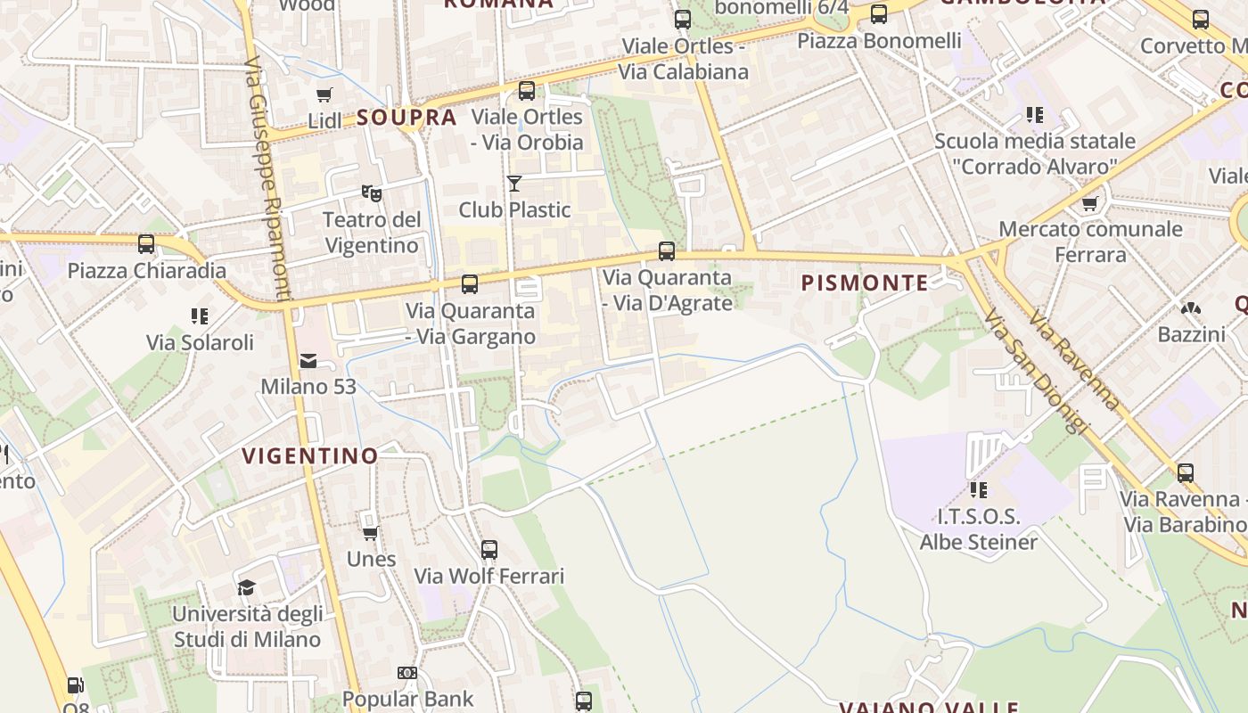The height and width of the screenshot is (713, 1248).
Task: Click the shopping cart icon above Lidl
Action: (324, 94)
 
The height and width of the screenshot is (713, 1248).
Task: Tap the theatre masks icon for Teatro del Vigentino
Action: (372, 193)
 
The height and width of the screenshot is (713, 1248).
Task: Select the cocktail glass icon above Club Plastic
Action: (514, 184)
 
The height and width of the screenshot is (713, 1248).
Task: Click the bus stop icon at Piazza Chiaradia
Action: (146, 244)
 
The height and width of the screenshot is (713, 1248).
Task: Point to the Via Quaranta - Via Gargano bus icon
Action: (470, 284)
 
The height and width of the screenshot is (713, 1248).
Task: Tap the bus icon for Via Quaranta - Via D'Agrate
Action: (667, 251)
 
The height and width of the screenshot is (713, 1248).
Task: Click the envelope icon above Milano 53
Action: (308, 361)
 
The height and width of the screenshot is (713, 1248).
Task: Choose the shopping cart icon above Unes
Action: (370, 533)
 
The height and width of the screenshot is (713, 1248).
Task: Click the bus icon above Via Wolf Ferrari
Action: (489, 550)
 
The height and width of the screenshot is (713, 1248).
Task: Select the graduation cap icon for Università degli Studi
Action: (246, 587)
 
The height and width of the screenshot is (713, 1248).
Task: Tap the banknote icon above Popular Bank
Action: (407, 673)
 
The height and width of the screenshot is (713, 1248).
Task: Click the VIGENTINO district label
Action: (310, 455)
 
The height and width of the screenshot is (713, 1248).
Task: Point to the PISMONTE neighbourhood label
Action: (865, 283)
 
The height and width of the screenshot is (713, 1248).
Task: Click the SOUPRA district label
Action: (406, 118)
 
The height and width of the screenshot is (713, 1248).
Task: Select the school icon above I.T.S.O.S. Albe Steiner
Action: (979, 490)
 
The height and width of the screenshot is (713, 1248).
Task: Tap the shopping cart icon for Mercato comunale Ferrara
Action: (1089, 203)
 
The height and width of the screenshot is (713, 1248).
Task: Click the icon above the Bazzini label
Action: (1191, 308)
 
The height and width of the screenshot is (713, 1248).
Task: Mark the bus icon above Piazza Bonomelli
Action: (879, 14)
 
